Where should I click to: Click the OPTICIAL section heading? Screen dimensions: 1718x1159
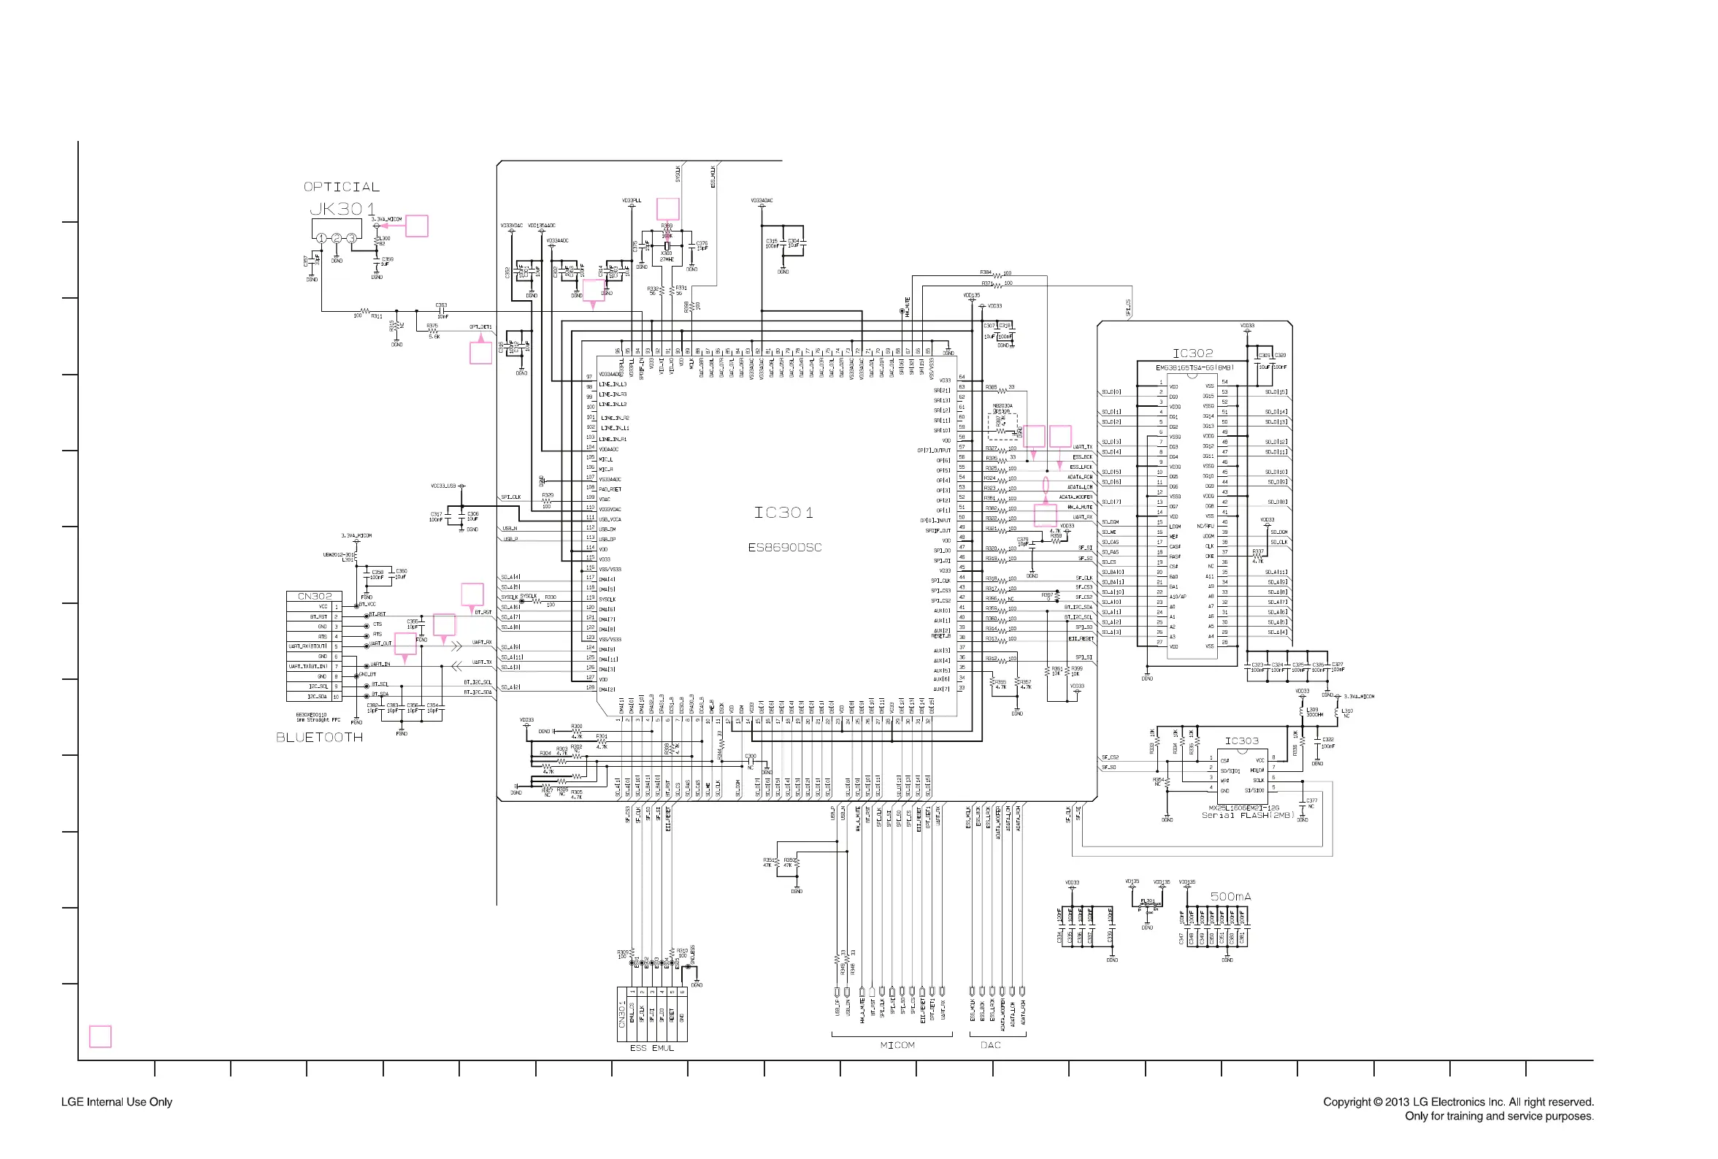click(342, 187)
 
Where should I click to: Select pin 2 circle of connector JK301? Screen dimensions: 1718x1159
click(336, 238)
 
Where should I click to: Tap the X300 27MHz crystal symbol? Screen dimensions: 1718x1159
click(667, 246)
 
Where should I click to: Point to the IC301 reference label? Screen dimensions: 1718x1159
click(783, 513)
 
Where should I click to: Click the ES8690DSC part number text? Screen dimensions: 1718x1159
click(784, 548)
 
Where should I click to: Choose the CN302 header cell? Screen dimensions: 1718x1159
click(314, 596)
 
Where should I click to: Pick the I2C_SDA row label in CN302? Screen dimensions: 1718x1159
click(317, 696)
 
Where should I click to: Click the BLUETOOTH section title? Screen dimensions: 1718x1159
click(319, 738)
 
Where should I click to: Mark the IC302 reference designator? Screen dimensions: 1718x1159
click(1192, 354)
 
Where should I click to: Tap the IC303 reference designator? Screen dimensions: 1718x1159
click(1241, 741)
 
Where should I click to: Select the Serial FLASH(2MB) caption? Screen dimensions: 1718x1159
click(1248, 815)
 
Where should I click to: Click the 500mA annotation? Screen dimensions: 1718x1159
click(1230, 897)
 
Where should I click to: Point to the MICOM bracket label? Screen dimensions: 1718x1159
click(897, 1045)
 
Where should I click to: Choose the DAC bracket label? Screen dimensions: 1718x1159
click(990, 1045)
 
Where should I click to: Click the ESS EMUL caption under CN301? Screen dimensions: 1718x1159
click(651, 1048)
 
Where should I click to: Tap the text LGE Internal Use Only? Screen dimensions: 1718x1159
click(117, 1102)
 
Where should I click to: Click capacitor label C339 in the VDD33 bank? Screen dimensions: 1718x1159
click(1110, 937)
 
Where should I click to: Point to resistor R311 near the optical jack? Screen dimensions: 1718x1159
click(377, 316)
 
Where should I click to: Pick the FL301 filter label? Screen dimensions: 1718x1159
click(1147, 901)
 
